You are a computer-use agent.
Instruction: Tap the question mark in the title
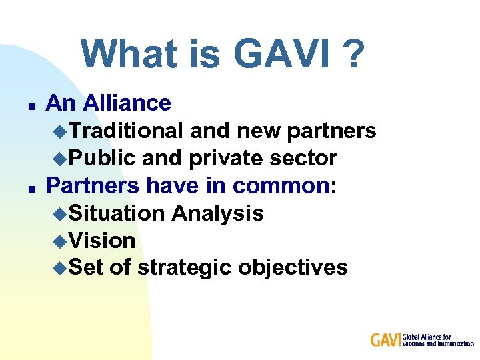(x=354, y=55)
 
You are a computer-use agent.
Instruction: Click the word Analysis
(x=217, y=213)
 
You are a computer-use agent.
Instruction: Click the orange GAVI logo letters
(x=386, y=340)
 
